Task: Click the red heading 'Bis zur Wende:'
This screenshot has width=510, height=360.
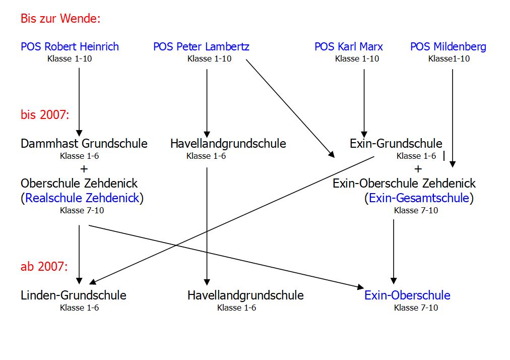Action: (x=60, y=19)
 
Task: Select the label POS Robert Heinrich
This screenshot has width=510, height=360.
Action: (x=70, y=47)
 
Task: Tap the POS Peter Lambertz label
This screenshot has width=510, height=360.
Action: (x=201, y=47)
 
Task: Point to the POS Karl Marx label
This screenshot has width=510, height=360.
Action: (x=348, y=47)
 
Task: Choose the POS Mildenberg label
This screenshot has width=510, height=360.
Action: (x=448, y=47)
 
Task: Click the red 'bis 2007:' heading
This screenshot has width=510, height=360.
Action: (x=45, y=114)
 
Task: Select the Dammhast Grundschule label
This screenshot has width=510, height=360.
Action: (x=84, y=144)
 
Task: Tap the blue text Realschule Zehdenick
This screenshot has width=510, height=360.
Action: (x=82, y=198)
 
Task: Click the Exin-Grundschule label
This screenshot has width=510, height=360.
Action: (x=396, y=144)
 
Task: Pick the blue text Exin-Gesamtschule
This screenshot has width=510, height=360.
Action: (x=419, y=198)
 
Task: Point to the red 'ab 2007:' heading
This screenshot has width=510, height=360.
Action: (x=44, y=267)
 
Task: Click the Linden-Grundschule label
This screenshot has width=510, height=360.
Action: (x=74, y=295)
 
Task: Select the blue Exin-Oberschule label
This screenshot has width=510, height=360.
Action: (x=407, y=295)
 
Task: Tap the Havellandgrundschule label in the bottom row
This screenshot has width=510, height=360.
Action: (x=245, y=295)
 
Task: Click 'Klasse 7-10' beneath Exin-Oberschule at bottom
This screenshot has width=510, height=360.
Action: (x=416, y=308)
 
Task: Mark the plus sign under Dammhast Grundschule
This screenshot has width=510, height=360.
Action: (x=84, y=168)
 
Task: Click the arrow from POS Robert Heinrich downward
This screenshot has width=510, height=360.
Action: (x=79, y=101)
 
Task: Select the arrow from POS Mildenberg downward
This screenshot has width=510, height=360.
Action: (x=452, y=116)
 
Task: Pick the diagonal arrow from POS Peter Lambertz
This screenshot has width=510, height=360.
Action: (x=290, y=108)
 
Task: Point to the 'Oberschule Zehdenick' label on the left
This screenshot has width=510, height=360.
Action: (x=79, y=183)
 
